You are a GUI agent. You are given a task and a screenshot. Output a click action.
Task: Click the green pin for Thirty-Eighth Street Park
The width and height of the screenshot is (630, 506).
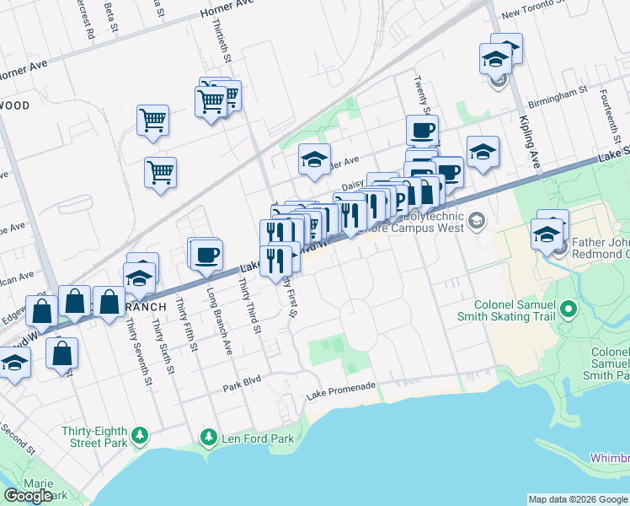pyautogui.click(x=140, y=436)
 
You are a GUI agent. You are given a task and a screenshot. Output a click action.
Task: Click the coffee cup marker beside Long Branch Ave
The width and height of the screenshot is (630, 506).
pyautogui.click(x=206, y=253)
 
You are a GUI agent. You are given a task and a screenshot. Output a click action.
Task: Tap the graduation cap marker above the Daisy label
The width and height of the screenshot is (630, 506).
pyautogui.click(x=314, y=159)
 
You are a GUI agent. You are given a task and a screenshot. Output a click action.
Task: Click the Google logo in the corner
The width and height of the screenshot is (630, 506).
pyautogui.click(x=29, y=496)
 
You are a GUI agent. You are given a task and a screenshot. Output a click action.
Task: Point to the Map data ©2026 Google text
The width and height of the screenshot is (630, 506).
pyautogui.click(x=577, y=499)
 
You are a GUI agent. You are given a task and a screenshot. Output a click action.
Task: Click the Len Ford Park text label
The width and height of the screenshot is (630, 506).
pyautogui.click(x=258, y=439)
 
